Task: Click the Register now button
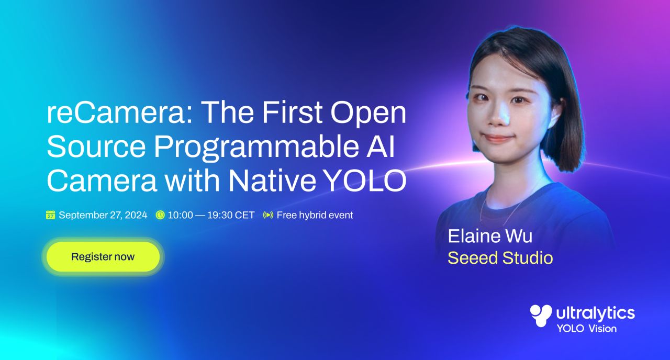tap(103, 256)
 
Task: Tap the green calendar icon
tap(51, 215)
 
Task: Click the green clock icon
tap(160, 215)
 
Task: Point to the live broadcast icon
tap(268, 215)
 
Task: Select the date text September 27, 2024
tap(103, 215)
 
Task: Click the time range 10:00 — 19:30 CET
tap(211, 215)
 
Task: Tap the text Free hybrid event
tap(315, 215)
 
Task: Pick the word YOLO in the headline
tap(365, 181)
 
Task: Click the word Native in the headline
tap(272, 181)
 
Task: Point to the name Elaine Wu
tap(490, 236)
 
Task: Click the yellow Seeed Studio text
tap(500, 258)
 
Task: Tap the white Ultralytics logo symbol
tap(541, 316)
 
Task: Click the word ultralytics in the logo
tap(596, 313)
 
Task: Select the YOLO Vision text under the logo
tap(587, 329)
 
